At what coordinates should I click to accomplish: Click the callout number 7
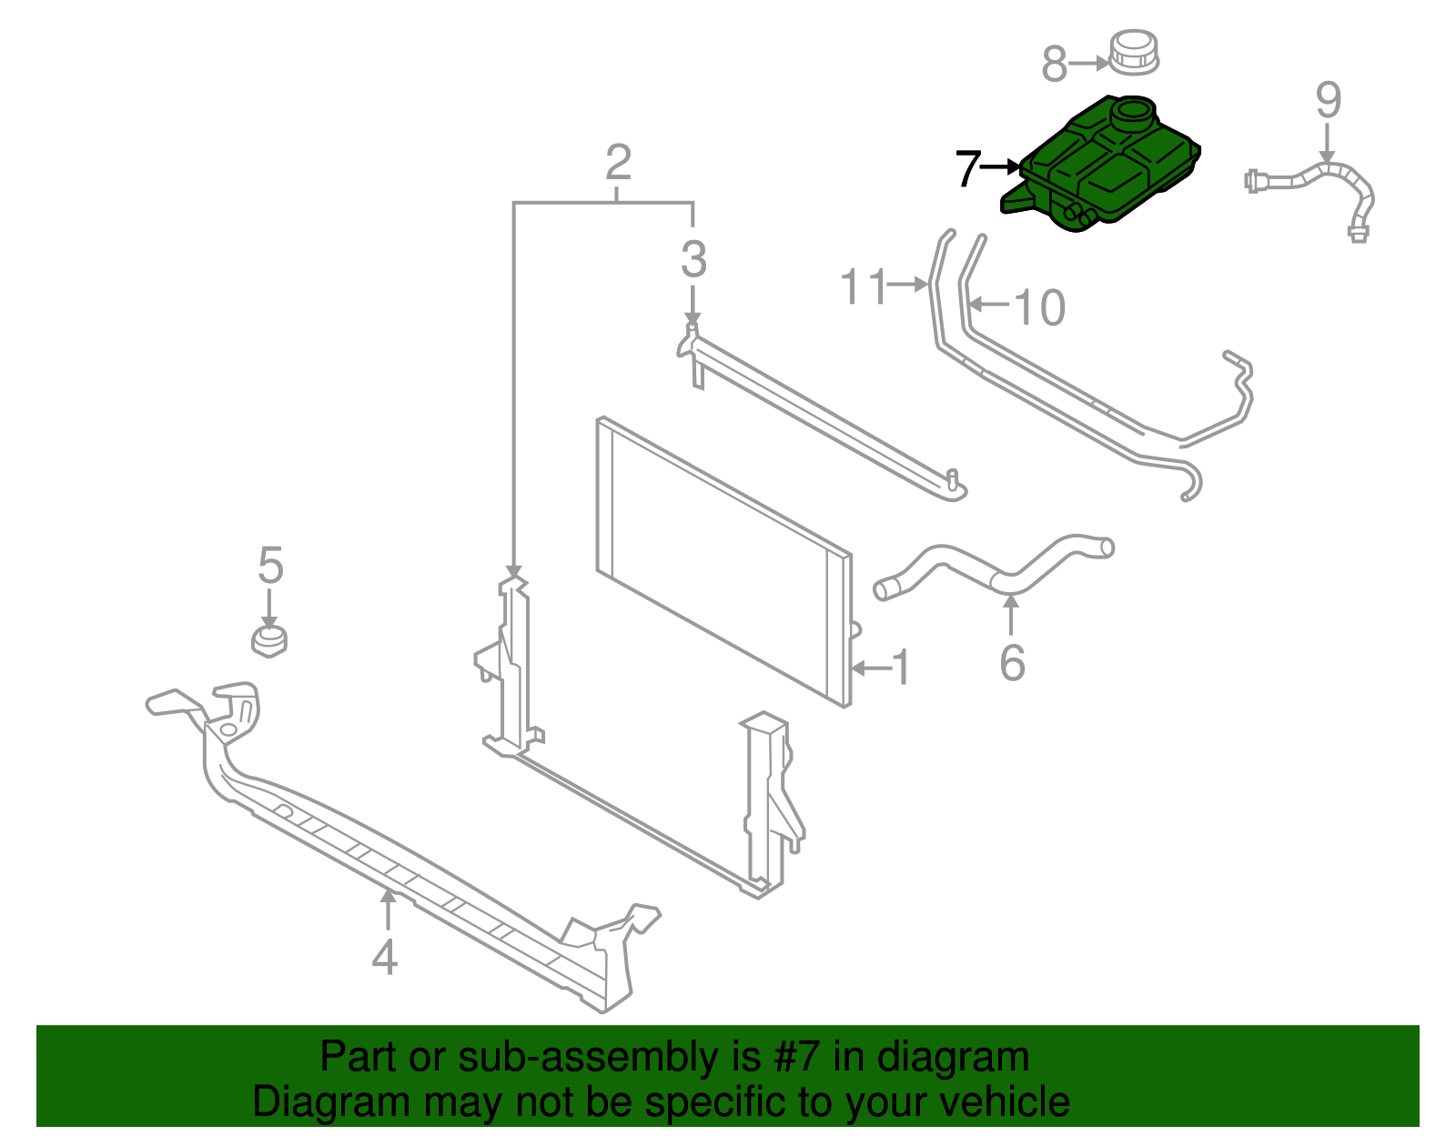point(966,169)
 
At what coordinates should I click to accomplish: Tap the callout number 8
point(1054,65)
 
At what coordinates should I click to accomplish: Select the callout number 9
point(1328,100)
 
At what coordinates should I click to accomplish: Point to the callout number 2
point(618,164)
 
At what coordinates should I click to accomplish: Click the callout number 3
point(693,260)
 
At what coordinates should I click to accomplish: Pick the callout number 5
point(270,565)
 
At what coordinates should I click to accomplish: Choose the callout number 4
point(385,957)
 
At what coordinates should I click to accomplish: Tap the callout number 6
point(1012,662)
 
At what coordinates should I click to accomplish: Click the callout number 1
point(901,669)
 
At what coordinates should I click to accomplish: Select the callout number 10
point(1039,307)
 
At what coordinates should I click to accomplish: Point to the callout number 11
point(862,287)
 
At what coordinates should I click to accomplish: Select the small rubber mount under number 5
point(269,641)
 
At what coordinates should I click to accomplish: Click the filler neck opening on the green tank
point(1134,114)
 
